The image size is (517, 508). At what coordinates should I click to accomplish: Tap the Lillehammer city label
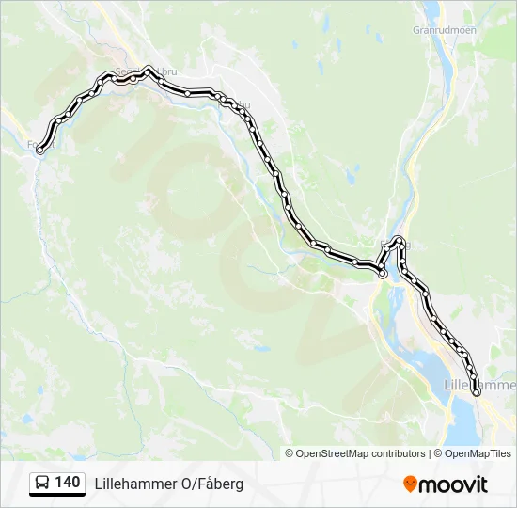(479, 385)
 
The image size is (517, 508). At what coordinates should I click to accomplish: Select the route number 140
(67, 483)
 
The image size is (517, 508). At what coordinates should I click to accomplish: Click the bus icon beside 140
(42, 484)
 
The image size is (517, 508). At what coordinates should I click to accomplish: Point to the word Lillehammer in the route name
(135, 484)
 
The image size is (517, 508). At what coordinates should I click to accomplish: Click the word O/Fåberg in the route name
(211, 484)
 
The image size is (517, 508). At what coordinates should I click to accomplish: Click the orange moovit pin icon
(411, 484)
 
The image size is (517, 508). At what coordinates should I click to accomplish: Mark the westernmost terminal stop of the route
(39, 151)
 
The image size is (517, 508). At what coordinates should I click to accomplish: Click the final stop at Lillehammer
(477, 393)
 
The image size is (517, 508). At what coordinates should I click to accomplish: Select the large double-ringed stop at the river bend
(382, 274)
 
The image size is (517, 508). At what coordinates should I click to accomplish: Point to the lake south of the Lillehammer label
(465, 423)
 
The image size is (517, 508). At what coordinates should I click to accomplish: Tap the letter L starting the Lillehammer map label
(446, 385)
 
